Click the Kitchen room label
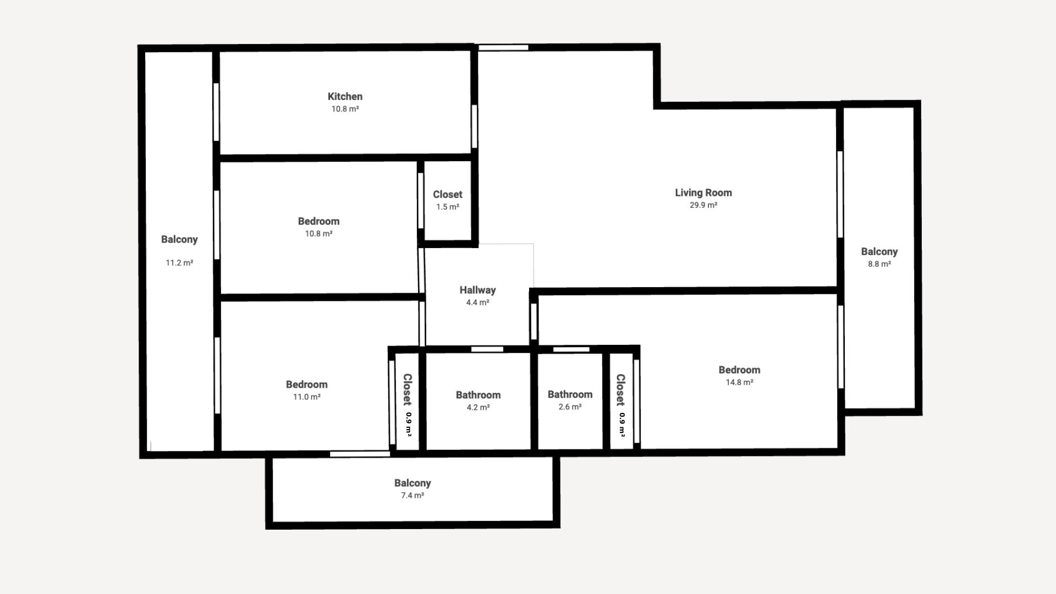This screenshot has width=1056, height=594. click(x=345, y=97)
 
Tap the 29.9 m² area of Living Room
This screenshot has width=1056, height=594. click(x=703, y=205)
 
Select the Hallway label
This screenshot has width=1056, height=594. click(x=477, y=290)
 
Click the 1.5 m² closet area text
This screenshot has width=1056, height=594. click(x=448, y=207)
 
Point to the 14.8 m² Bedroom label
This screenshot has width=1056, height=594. click(x=739, y=370)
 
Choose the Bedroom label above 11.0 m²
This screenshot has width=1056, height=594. click(x=306, y=384)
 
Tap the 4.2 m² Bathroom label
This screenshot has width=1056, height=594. click(x=478, y=395)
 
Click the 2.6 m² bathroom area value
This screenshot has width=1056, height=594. click(x=570, y=407)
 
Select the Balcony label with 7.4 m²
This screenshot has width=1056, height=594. click(x=413, y=483)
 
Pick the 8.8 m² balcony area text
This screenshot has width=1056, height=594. click(x=879, y=264)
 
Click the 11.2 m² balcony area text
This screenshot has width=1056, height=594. click(x=179, y=263)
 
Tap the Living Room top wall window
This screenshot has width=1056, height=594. click(x=503, y=48)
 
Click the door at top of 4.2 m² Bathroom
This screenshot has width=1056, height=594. click(x=487, y=349)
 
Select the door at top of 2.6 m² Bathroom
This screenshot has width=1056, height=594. click(x=571, y=349)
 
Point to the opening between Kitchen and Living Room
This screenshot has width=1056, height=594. click(x=474, y=127)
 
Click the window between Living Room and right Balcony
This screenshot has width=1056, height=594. click(x=840, y=195)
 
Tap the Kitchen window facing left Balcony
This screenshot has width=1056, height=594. click(x=216, y=112)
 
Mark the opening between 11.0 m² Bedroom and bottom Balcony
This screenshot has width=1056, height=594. click(x=360, y=454)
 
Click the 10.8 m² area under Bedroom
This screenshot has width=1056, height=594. click(x=318, y=234)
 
